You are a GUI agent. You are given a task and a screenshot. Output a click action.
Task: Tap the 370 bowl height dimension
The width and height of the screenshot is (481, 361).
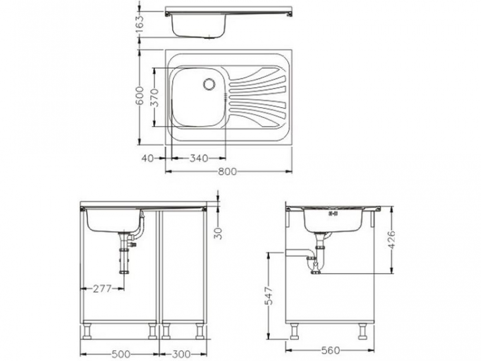154,97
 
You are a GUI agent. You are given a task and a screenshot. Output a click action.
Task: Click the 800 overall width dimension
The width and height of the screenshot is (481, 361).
228,171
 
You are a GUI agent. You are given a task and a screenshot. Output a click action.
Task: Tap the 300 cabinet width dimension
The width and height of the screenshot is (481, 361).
181,354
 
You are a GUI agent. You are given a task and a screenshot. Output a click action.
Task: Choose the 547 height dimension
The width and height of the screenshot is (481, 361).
269,294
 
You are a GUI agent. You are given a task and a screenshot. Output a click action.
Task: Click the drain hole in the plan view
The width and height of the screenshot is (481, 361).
209,83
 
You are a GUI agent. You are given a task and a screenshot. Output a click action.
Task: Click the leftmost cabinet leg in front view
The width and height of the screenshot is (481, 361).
87,331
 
